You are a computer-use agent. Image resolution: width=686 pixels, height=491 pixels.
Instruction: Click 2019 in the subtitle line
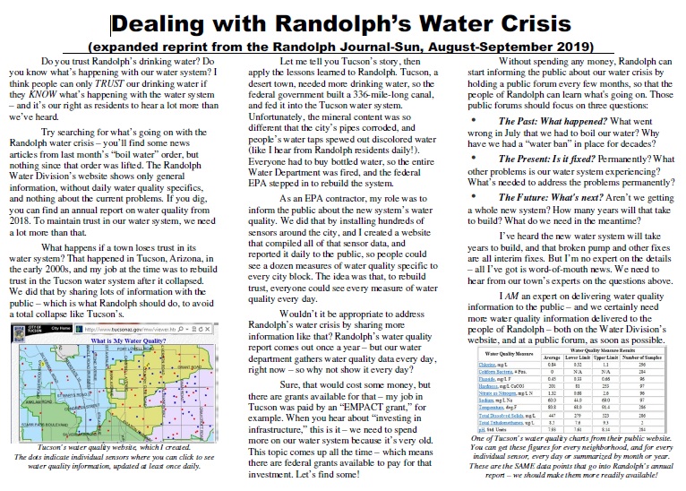pos(576,45)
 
